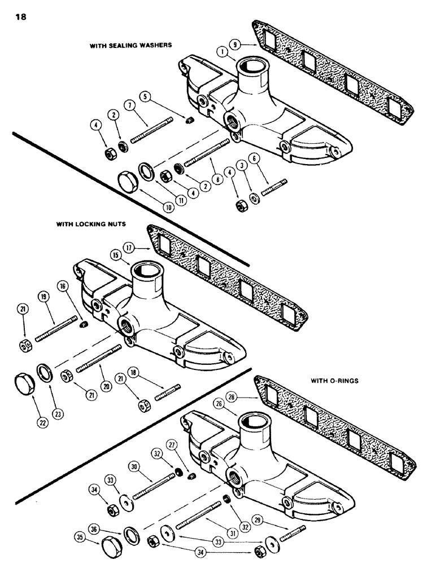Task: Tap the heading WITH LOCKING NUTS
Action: click(90, 224)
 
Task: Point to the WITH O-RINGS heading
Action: click(334, 381)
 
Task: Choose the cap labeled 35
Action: click(110, 549)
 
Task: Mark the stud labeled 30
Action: click(153, 484)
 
